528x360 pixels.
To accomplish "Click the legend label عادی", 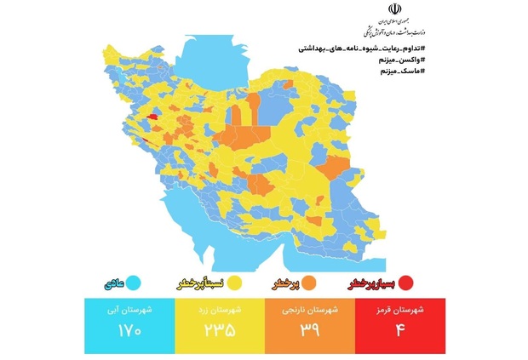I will (x=119, y=282).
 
